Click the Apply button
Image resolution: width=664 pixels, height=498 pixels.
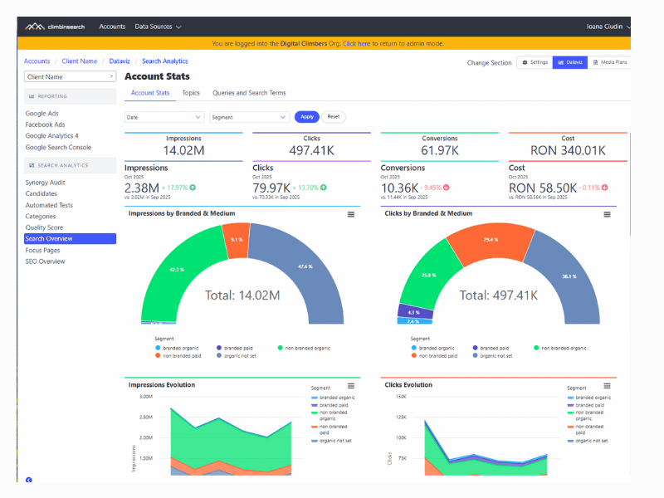click(x=306, y=117)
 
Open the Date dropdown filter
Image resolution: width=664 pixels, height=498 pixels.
click(x=164, y=117)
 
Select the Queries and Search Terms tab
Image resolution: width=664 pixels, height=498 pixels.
click(x=249, y=93)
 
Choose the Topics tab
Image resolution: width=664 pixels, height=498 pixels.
click(x=191, y=93)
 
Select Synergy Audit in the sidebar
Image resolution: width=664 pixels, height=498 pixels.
click(x=45, y=183)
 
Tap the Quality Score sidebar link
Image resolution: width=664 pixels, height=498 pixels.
click(x=44, y=227)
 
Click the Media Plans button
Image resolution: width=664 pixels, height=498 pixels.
click(x=610, y=62)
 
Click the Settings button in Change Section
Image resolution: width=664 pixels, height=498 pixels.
click(x=535, y=62)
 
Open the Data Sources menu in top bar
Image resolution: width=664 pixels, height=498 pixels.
click(x=158, y=27)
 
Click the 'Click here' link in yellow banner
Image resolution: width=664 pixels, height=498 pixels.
click(x=356, y=43)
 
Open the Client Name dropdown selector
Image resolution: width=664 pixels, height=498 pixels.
click(x=70, y=77)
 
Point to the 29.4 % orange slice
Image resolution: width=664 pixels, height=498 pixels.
click(x=490, y=240)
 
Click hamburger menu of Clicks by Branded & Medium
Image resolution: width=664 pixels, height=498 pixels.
click(x=607, y=214)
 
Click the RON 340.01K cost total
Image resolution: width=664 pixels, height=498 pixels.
click(x=568, y=151)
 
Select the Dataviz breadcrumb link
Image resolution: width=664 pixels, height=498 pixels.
click(x=120, y=61)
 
